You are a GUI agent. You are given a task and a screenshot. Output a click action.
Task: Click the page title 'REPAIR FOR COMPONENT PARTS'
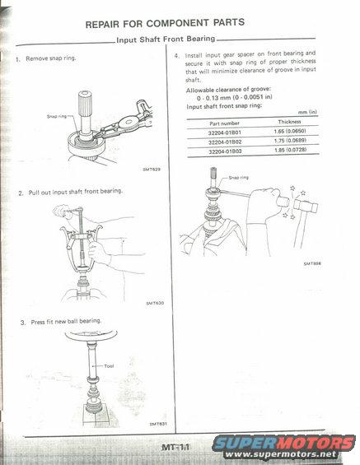[165, 23]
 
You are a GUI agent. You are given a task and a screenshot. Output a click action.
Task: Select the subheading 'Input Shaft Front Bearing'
[166, 40]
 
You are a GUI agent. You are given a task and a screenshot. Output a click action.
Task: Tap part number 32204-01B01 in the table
[225, 133]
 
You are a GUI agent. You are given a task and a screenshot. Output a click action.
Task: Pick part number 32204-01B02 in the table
[225, 142]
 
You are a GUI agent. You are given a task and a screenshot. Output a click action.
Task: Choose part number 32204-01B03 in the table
[225, 151]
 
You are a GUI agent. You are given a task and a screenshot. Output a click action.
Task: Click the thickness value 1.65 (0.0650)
[290, 131]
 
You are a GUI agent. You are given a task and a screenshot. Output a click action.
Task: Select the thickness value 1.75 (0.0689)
[290, 140]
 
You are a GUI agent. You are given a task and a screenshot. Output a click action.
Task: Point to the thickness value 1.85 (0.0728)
[291, 150]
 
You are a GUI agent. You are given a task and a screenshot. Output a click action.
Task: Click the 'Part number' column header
[224, 123]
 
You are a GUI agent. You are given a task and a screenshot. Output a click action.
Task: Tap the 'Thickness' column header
[290, 122]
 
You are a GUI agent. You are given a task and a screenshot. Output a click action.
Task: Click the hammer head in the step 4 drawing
[306, 206]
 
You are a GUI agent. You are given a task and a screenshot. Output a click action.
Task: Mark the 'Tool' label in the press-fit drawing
[109, 366]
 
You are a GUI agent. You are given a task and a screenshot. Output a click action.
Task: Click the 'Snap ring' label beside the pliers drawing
[57, 116]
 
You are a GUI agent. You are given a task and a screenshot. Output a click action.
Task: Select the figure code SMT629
[152, 170]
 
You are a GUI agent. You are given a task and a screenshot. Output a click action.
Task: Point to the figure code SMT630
[155, 303]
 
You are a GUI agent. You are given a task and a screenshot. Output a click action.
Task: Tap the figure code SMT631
[158, 424]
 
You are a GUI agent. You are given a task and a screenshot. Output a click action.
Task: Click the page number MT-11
[175, 447]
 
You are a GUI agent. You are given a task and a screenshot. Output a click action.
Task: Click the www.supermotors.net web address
[281, 454]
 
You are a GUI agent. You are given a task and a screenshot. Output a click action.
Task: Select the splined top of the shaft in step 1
[85, 103]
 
